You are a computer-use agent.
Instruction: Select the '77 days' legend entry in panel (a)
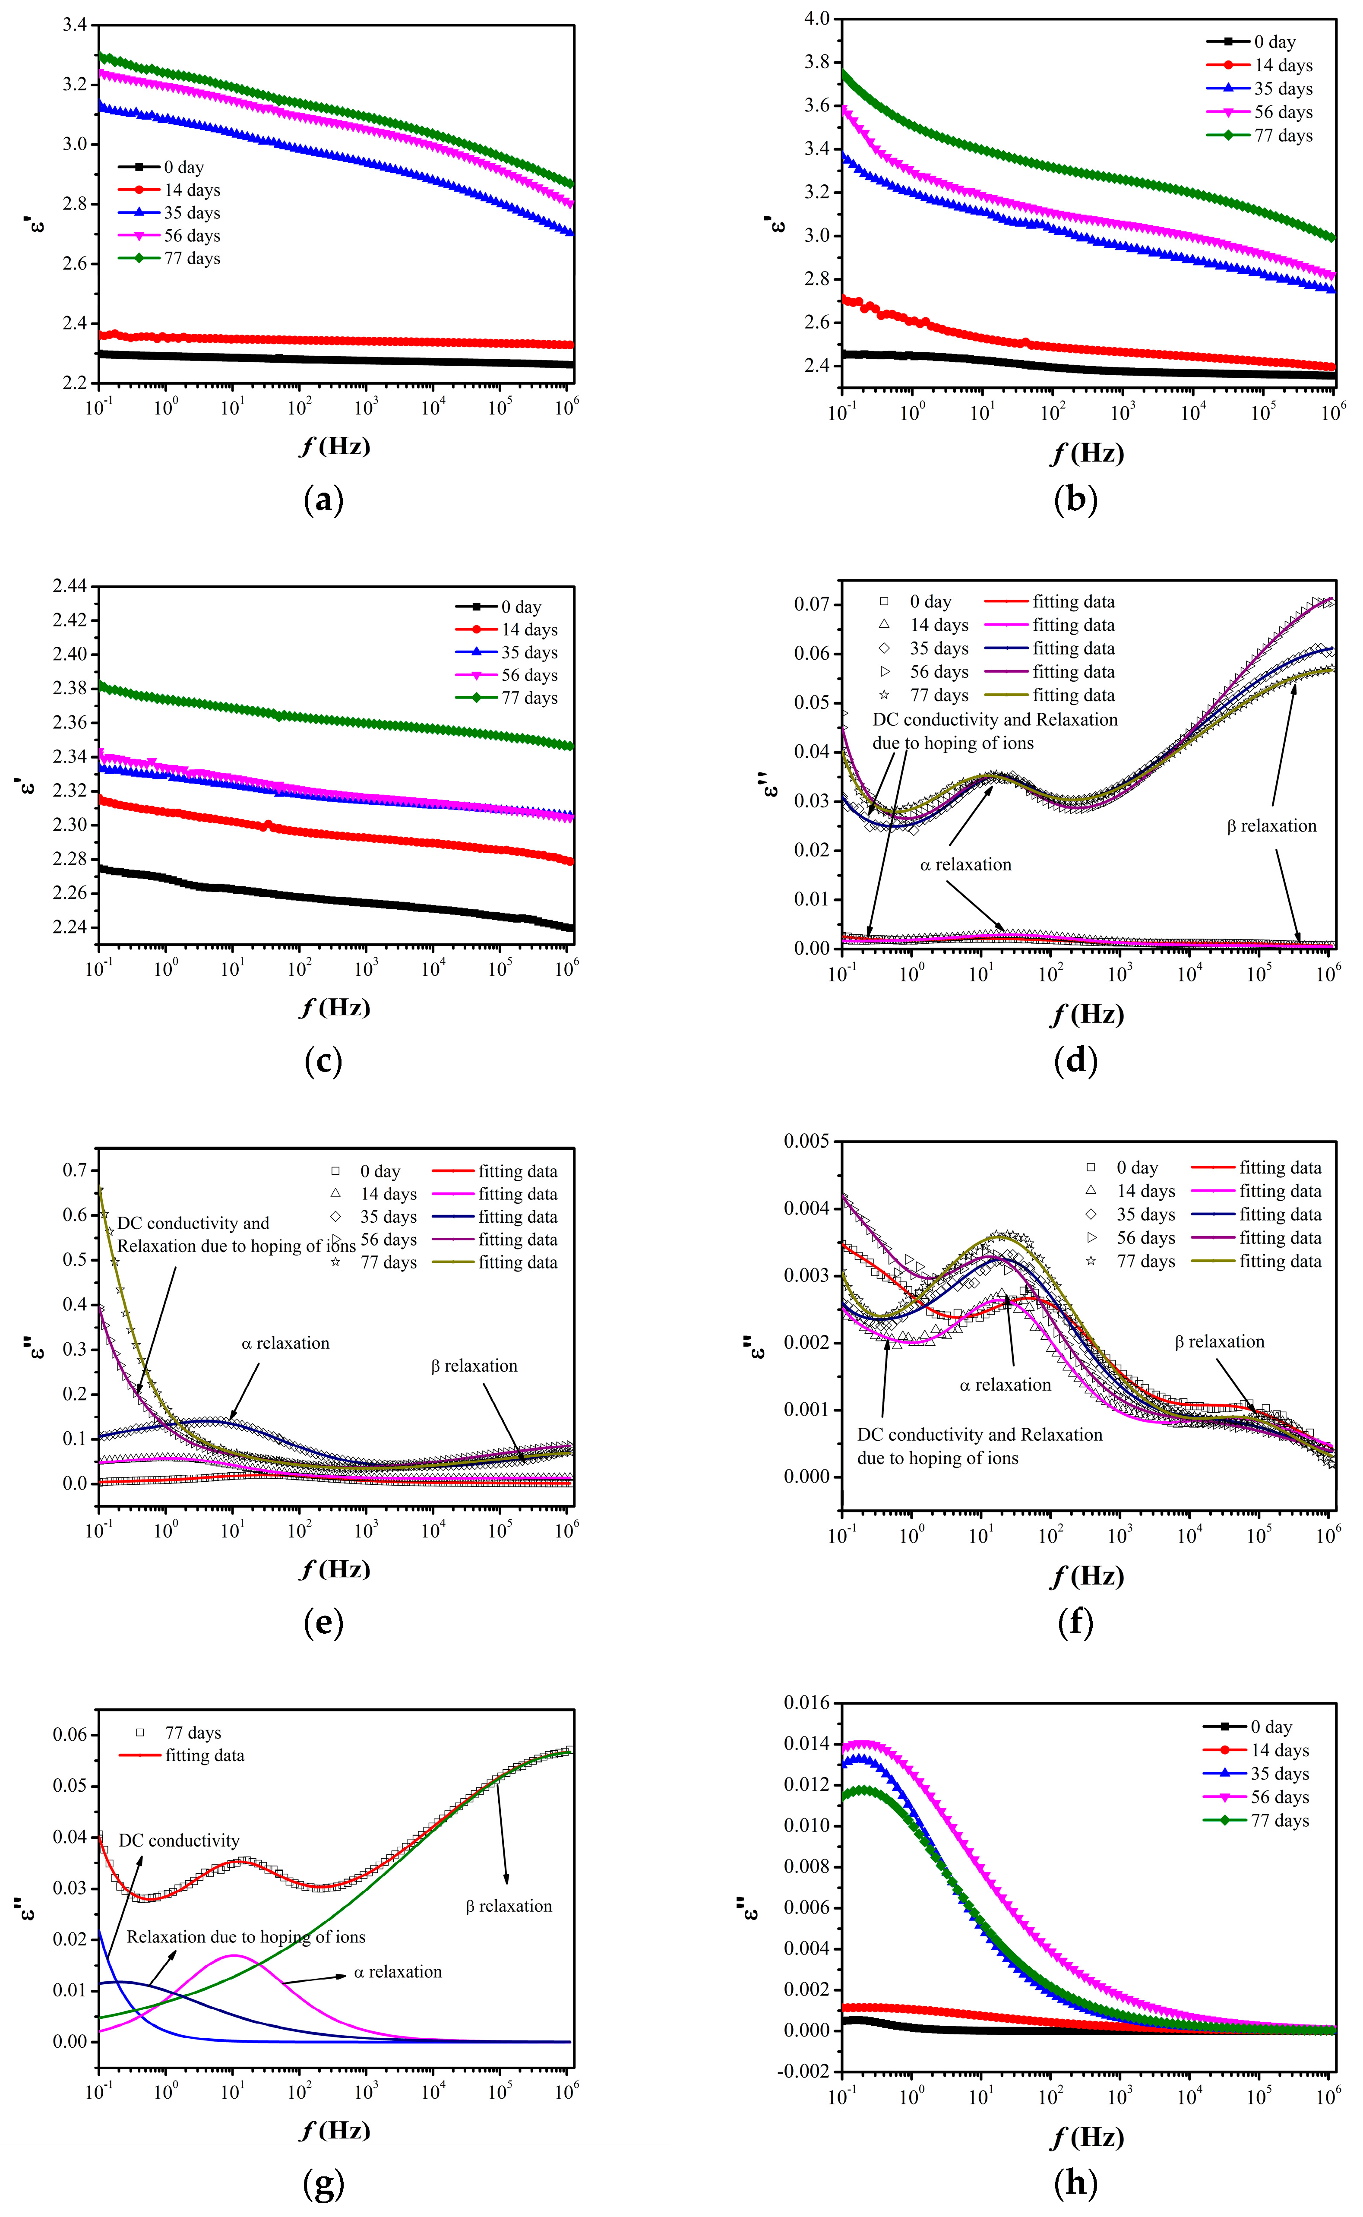191,259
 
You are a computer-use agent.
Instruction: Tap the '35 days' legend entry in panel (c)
529,652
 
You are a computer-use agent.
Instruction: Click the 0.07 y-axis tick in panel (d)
811,604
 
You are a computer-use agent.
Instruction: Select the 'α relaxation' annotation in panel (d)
965,864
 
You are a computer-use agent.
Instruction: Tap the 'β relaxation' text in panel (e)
474,1365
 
